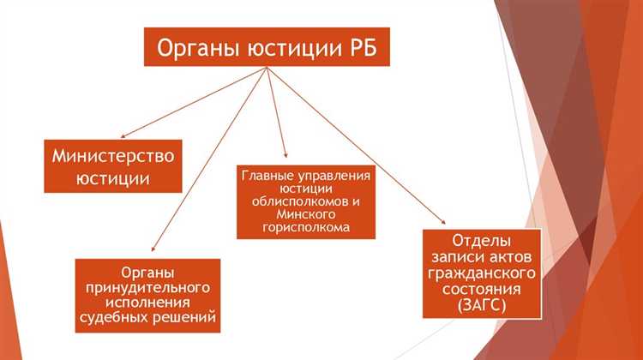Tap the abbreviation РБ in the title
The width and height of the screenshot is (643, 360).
358,48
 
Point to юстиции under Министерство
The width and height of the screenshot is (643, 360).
113,179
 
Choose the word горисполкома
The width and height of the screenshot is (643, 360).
306,227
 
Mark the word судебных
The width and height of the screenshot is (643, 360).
120,320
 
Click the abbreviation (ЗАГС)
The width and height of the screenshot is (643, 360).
482,305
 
